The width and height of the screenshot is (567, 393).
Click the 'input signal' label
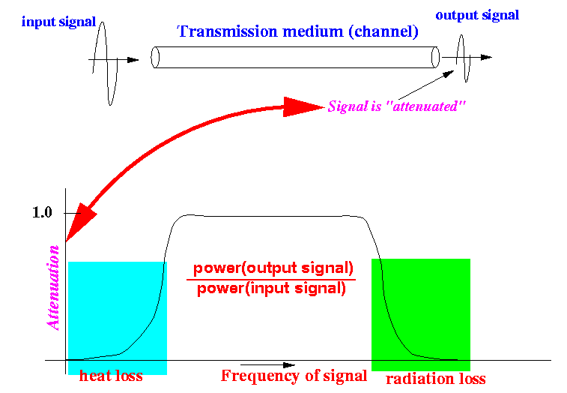click(x=58, y=22)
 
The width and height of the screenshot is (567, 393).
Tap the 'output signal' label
click(x=477, y=16)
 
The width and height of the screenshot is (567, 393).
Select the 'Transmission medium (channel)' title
click(x=297, y=31)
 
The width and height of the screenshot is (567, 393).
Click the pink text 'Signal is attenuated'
click(x=396, y=106)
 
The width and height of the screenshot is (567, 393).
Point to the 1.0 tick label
click(x=42, y=212)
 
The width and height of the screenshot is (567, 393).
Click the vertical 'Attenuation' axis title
click(x=52, y=288)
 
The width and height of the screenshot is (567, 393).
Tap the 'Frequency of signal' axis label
click(x=294, y=376)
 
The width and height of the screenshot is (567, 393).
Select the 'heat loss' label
click(x=111, y=376)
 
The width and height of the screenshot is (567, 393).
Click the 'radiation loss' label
click(x=436, y=379)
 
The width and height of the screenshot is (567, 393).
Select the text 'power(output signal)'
click(x=273, y=268)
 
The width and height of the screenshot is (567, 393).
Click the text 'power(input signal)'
click(x=271, y=289)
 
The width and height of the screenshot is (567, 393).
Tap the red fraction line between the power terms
click(x=271, y=279)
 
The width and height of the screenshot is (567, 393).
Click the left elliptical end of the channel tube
click(x=155, y=57)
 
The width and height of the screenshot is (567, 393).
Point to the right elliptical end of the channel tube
click(x=435, y=57)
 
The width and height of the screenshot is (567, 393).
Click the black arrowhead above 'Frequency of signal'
click(x=289, y=365)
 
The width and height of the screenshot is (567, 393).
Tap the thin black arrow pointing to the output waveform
click(x=426, y=85)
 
